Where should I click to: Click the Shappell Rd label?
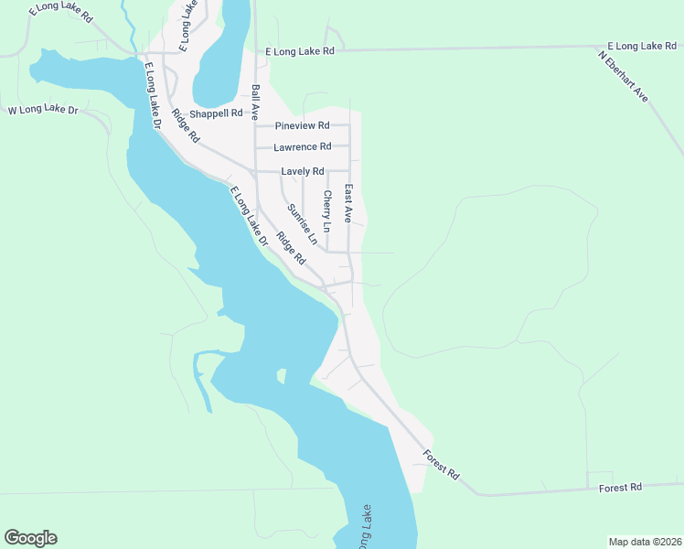click(216, 113)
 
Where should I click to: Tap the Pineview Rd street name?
click(302, 125)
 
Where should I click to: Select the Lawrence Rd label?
click(302, 146)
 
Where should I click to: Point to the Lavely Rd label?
click(303, 171)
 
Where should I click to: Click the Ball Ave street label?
click(256, 102)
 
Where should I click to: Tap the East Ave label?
click(348, 203)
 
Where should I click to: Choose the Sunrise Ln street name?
click(302, 224)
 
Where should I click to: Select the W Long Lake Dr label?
click(43, 111)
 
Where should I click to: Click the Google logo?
click(30, 538)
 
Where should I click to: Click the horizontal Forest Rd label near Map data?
click(620, 488)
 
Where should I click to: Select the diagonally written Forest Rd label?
click(442, 463)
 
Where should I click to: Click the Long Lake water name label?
click(365, 529)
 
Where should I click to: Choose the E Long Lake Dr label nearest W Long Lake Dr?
click(152, 94)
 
